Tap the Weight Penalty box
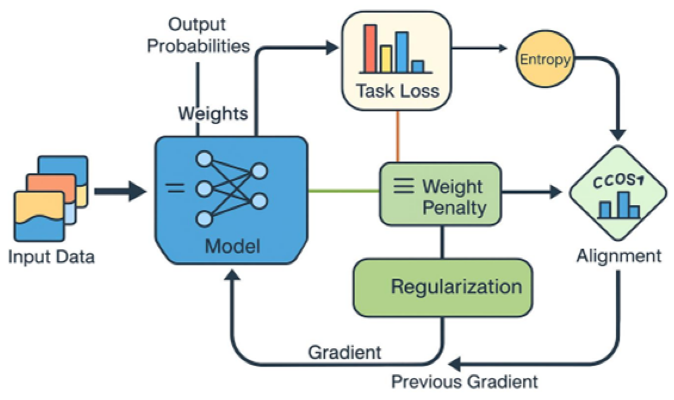pyautogui.click(x=440, y=194)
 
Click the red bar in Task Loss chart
pyautogui.click(x=371, y=48)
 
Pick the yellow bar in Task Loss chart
pyautogui.click(x=386, y=59)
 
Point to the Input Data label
pyautogui.click(x=51, y=258)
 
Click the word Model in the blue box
pyautogui.click(x=232, y=246)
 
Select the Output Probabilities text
pyautogui.click(x=198, y=35)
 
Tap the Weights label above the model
pyautogui.click(x=213, y=113)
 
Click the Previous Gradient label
pyautogui.click(x=464, y=381)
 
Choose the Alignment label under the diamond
pyautogui.click(x=618, y=256)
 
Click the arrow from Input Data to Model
pyautogui.click(x=119, y=192)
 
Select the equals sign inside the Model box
pyautogui.click(x=175, y=189)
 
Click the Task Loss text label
pyautogui.click(x=397, y=91)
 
